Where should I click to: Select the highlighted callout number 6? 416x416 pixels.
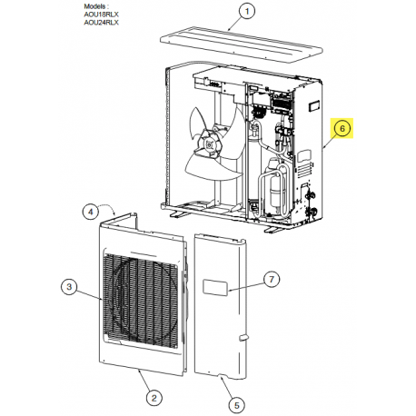pyautogui.click(x=342, y=130)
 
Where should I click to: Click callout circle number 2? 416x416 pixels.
pyautogui.click(x=155, y=398)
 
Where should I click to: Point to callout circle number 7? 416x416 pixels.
pyautogui.click(x=272, y=278)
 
